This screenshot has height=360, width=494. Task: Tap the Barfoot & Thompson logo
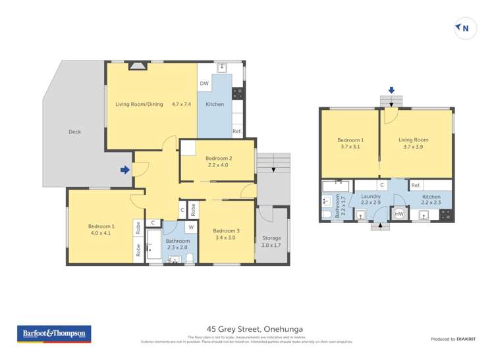[x=53, y=334]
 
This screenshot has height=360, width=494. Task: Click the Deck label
[x=74, y=132]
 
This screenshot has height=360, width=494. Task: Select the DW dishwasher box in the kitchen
[x=204, y=84]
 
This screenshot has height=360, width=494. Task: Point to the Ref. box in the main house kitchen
[x=236, y=132]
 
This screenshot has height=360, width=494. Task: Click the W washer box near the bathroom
[x=190, y=228]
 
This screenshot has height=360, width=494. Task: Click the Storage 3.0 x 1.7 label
[x=271, y=242]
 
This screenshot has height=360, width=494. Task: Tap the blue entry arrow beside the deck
[x=125, y=170]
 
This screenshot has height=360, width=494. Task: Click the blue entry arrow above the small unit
[x=391, y=90]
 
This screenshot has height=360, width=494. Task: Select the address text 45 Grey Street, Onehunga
[x=247, y=328]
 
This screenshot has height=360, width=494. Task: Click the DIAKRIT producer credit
[x=453, y=339]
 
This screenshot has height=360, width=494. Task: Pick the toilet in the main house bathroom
[x=189, y=257]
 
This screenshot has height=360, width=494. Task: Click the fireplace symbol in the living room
[x=138, y=65]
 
